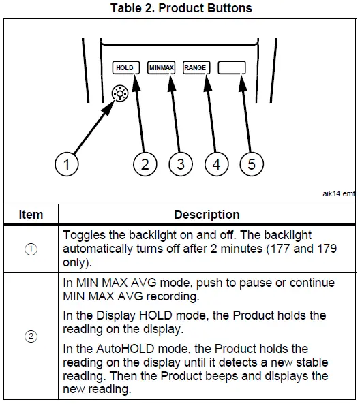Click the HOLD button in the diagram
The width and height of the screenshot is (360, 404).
(x=125, y=68)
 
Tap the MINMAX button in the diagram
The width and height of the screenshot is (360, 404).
(x=161, y=68)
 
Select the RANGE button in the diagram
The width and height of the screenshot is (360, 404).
(x=195, y=68)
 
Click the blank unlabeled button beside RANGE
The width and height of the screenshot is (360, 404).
(x=232, y=68)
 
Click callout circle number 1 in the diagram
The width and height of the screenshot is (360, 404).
(x=67, y=164)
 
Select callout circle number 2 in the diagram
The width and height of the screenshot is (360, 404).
(x=145, y=164)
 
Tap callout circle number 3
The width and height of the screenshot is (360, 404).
(x=181, y=164)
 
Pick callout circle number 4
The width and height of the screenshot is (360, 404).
(x=216, y=164)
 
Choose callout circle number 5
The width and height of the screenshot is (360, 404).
(x=252, y=164)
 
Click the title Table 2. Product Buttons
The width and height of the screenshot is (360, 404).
(x=180, y=8)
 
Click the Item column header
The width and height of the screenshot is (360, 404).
(x=30, y=215)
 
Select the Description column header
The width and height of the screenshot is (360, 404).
(x=207, y=215)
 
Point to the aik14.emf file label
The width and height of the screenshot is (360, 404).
(x=338, y=193)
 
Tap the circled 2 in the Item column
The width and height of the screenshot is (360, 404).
(x=30, y=336)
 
